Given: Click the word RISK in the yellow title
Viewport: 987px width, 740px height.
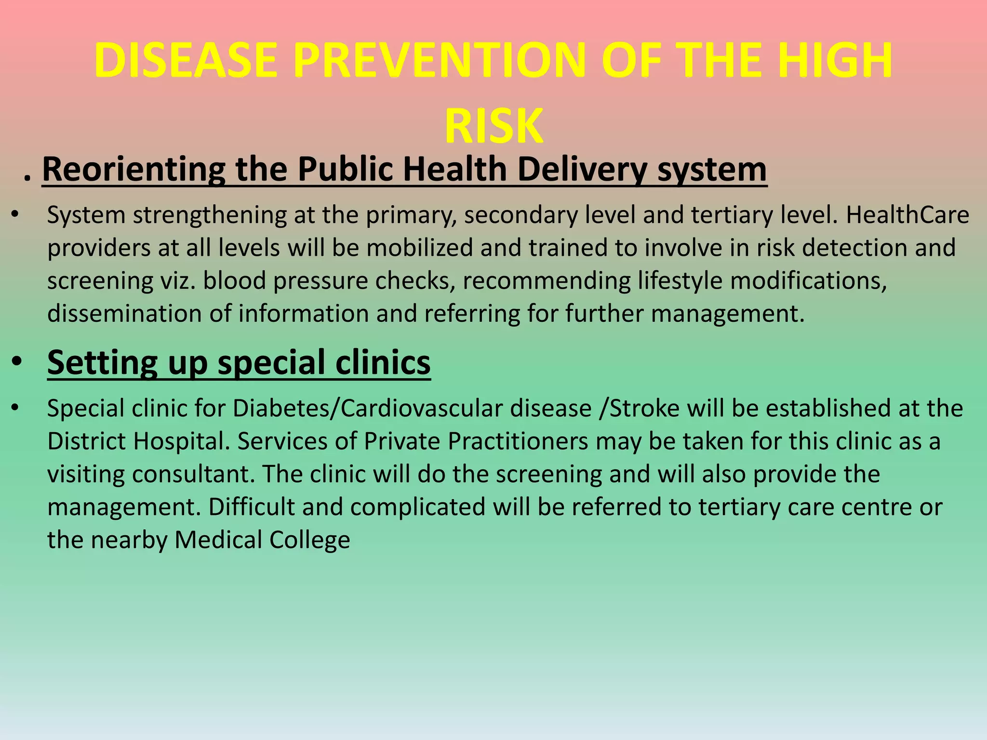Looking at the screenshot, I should click(x=493, y=126).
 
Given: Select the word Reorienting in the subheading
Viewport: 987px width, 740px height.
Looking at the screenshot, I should click(x=133, y=170).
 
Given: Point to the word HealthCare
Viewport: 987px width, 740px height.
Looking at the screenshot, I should click(x=907, y=215).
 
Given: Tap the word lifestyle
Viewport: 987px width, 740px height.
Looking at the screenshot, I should click(x=680, y=281).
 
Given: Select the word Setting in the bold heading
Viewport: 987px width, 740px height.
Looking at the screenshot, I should click(x=103, y=362).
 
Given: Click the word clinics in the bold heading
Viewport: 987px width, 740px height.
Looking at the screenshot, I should click(x=383, y=362).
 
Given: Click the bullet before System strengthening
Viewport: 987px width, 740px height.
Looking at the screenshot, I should click(x=15, y=215).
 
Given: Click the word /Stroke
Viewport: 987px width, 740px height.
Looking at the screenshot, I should click(x=639, y=409).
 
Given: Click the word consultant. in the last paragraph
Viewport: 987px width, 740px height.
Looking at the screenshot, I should click(x=193, y=475).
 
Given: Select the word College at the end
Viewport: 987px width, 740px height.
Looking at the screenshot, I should click(x=309, y=540).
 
